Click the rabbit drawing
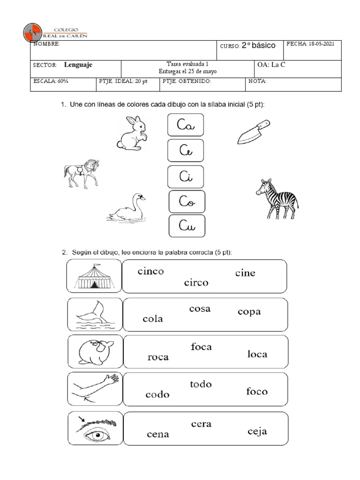click(x=132, y=134)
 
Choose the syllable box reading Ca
click(x=185, y=125)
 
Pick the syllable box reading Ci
click(x=185, y=176)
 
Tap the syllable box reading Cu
click(x=187, y=226)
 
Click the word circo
click(x=196, y=283)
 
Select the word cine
click(x=245, y=273)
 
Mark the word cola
click(x=153, y=319)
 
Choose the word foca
click(x=201, y=347)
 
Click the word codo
click(x=157, y=394)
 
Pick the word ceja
click(x=257, y=431)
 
